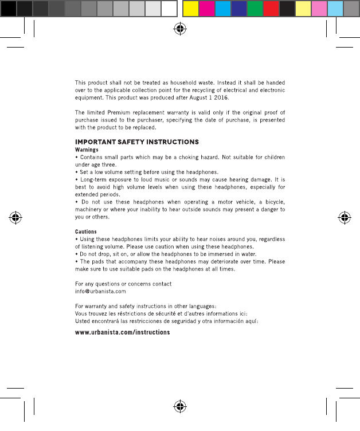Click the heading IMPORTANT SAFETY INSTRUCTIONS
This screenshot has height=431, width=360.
[137, 142]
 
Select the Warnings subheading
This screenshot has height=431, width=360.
[87, 150]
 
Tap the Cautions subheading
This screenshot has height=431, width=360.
[86, 232]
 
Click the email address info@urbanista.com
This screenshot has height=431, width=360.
[101, 292]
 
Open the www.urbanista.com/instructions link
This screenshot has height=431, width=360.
[123, 332]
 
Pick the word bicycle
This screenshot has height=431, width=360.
[271, 202]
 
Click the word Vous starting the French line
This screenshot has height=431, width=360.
[82, 314]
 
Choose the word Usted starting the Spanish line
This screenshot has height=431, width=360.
[84, 321]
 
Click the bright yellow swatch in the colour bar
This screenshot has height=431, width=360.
[190, 9]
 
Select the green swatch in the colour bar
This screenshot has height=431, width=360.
[255, 9]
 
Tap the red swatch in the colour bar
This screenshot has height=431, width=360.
[271, 9]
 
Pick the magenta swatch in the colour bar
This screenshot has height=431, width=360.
[206, 9]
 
